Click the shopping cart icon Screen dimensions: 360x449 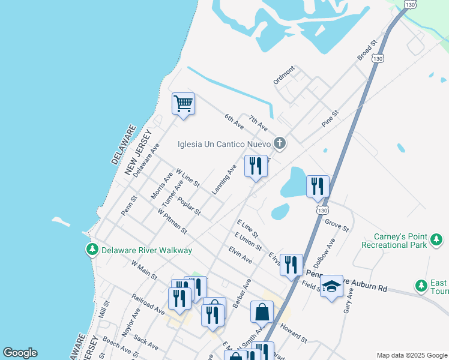click(x=183, y=103)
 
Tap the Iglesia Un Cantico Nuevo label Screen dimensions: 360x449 click(x=224, y=144)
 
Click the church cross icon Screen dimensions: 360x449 click(x=279, y=143)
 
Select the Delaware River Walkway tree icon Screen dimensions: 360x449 click(x=92, y=250)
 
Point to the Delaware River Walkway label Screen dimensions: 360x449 click(x=146, y=250)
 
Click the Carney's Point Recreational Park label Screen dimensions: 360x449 click(x=394, y=241)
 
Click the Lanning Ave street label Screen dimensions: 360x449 click(x=224, y=179)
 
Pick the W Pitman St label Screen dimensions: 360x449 click(x=172, y=221)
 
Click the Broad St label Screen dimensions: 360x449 click(x=366, y=50)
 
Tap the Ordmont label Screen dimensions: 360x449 click(x=284, y=75)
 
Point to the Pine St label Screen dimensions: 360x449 click(x=330, y=118)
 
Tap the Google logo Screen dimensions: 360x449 click(x=20, y=353)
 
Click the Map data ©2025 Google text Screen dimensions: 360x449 click(x=411, y=355)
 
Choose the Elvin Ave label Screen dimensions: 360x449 click(x=240, y=255)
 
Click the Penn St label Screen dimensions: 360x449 click(x=129, y=203)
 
